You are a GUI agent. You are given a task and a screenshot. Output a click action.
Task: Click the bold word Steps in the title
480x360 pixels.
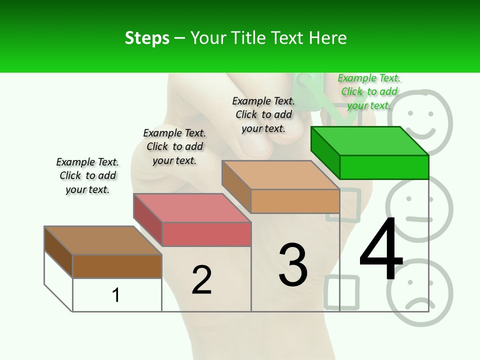147,38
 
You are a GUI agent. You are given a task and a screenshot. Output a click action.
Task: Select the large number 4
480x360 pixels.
381,250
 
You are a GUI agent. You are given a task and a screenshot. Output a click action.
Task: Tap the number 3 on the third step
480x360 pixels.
293,265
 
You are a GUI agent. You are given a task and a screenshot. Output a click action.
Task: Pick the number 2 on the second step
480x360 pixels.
201,280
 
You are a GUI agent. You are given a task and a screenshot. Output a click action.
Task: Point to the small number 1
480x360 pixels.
116,295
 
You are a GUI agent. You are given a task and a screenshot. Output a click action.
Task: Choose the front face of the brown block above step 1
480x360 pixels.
117,266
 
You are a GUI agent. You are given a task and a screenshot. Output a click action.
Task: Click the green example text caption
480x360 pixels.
369,91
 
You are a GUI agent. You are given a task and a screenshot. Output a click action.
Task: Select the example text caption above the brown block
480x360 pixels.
87,175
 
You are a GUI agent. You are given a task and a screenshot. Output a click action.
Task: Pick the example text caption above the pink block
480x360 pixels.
174,146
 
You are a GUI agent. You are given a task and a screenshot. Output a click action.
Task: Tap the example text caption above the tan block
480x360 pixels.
263,114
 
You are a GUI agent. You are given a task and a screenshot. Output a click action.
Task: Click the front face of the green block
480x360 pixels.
384,167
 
